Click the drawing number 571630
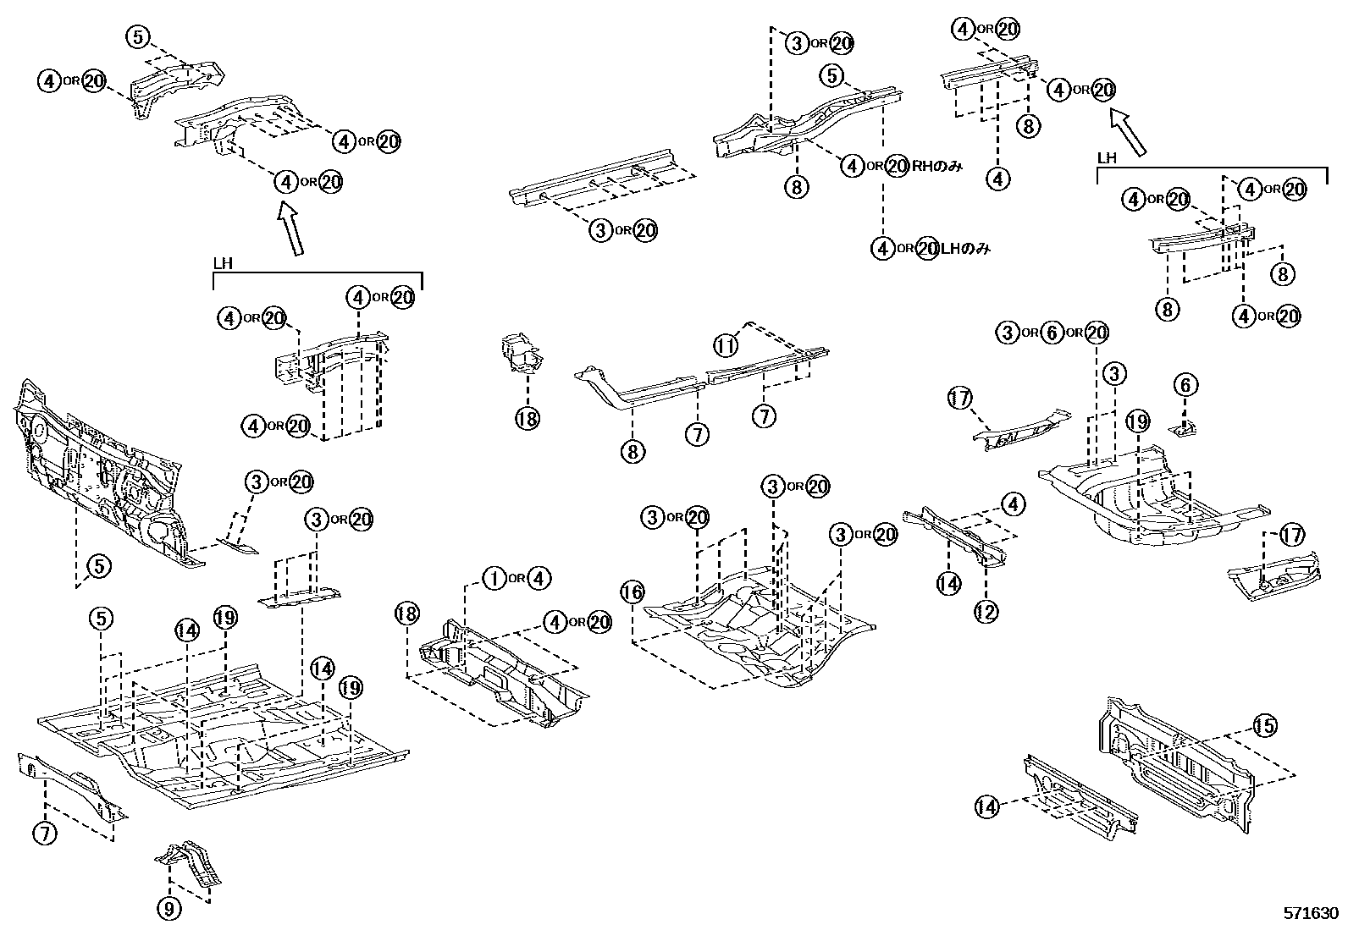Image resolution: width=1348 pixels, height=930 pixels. point(1310,914)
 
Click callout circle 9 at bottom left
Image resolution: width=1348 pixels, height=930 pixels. point(169,910)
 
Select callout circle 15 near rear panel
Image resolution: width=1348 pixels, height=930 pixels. point(1265,726)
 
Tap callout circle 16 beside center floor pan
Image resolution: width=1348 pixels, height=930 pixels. point(632,592)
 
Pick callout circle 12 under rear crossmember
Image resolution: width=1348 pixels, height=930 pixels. point(986,611)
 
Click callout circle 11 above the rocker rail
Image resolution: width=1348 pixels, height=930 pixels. point(725,345)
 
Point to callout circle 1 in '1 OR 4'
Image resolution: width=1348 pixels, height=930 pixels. point(494,579)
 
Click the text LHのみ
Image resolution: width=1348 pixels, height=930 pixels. point(965,249)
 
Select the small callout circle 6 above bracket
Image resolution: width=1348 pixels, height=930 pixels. point(1185,386)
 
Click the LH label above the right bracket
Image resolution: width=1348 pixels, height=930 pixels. point(1107,158)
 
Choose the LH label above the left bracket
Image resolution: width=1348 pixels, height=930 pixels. point(223,263)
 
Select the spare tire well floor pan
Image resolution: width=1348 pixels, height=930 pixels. point(1152,504)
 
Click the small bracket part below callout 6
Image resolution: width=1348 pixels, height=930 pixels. point(1183,429)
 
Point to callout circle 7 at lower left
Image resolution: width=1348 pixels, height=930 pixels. point(45,834)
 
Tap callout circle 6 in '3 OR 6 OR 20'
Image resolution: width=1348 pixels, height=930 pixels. point(1051,333)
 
